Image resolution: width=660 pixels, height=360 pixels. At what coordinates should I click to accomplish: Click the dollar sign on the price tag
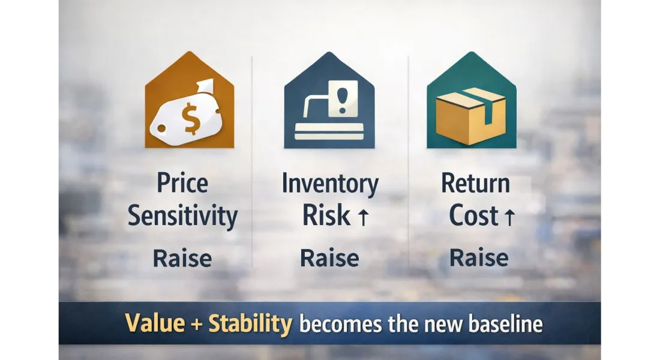[x=191, y=118]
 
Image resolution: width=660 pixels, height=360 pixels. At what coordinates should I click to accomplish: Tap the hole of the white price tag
[x=161, y=128]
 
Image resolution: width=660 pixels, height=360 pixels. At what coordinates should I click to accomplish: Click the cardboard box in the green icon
[x=470, y=116]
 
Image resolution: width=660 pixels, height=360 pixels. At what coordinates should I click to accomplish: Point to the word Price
[x=182, y=183]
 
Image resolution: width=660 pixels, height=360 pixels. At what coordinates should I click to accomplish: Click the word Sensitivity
[x=182, y=217]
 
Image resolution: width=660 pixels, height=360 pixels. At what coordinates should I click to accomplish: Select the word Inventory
[x=330, y=184]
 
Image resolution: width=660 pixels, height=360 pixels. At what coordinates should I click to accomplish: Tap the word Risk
[x=326, y=215]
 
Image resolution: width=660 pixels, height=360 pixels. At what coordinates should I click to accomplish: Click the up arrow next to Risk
[x=363, y=217]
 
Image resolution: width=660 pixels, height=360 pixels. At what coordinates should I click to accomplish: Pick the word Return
[x=475, y=183]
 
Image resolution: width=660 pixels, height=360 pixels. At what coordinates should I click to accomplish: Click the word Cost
[x=473, y=215]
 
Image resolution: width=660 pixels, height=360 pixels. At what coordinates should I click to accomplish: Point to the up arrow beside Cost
[x=509, y=217]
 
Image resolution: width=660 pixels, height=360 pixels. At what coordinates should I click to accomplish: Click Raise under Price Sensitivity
[x=182, y=258]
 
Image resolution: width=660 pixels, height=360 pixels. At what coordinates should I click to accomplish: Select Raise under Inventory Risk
[x=329, y=258]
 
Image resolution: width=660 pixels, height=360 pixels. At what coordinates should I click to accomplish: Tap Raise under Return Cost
[x=479, y=257]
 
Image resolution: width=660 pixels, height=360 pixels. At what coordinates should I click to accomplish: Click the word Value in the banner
[x=155, y=323]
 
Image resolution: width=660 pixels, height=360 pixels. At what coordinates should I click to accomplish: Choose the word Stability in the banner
[x=250, y=324]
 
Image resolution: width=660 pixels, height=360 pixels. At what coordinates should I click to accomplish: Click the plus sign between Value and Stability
[x=197, y=325]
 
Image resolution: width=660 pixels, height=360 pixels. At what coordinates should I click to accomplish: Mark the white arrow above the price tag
[x=205, y=88]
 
